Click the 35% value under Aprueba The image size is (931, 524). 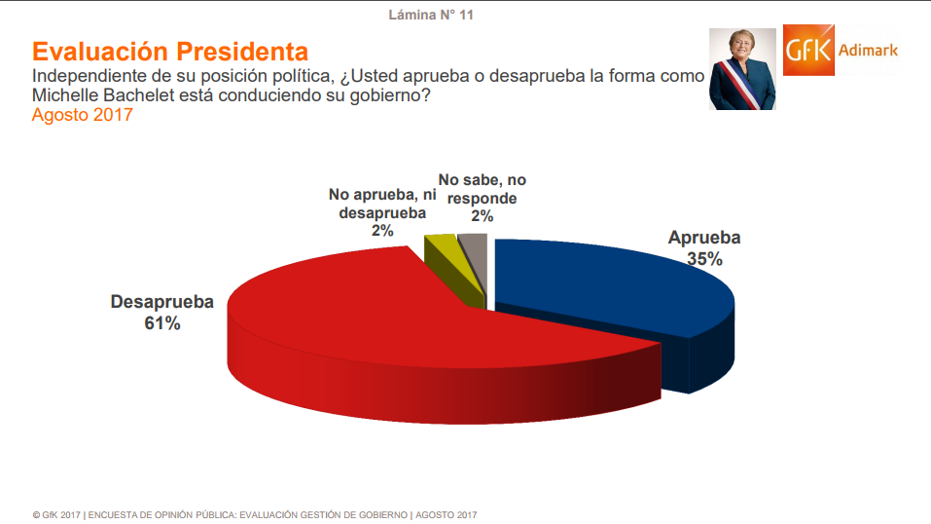click(x=703, y=259)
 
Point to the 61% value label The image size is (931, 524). click(x=162, y=323)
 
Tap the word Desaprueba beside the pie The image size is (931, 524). click(x=161, y=302)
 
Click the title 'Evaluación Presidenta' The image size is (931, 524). click(x=170, y=51)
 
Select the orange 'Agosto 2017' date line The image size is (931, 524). click(x=82, y=116)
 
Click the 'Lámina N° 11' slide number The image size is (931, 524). click(x=431, y=15)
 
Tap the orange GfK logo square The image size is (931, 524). click(x=810, y=52)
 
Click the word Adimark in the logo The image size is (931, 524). click(x=868, y=50)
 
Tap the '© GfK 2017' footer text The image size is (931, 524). click(x=55, y=514)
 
